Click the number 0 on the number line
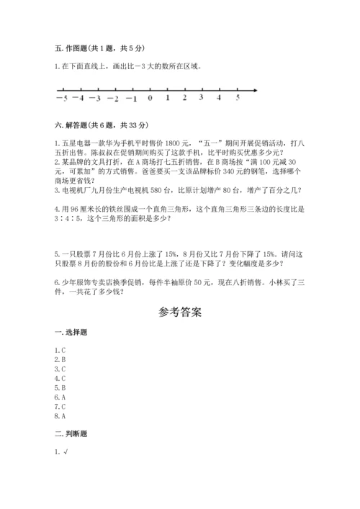[x=150, y=99]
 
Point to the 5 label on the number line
[x=238, y=98]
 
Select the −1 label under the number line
[x=130, y=99]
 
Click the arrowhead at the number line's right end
[x=256, y=90]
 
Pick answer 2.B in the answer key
[x=60, y=359]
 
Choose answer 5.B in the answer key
[x=60, y=387]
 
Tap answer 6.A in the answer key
[x=60, y=397]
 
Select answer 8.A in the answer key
[x=60, y=415]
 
